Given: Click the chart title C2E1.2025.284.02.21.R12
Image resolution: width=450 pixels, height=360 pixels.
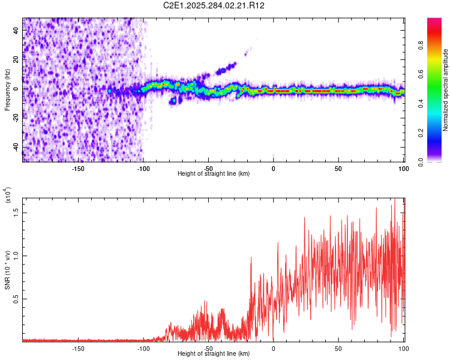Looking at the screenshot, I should [x=214, y=5].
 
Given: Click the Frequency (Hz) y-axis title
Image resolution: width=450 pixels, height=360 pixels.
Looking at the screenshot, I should [x=7, y=89].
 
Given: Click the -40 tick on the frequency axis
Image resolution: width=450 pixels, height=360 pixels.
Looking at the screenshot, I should [x=15, y=148].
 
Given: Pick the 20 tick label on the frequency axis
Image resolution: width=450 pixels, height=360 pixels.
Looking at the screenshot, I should [x=16, y=60].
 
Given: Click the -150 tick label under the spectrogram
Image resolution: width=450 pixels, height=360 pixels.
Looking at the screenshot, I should [x=77, y=169].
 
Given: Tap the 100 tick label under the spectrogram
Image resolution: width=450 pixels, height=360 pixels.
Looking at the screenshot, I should [x=403, y=169].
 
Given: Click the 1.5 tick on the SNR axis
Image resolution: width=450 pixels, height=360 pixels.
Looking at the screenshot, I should [x=17, y=212].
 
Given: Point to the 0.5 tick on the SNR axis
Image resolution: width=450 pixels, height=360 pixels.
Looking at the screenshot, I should [x=17, y=299].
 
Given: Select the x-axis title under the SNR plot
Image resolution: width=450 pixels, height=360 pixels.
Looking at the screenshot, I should [x=214, y=354].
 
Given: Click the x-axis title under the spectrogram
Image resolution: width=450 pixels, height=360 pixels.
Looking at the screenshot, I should [x=214, y=174].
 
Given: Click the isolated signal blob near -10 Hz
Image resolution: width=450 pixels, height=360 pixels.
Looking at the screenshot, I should [x=174, y=101].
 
